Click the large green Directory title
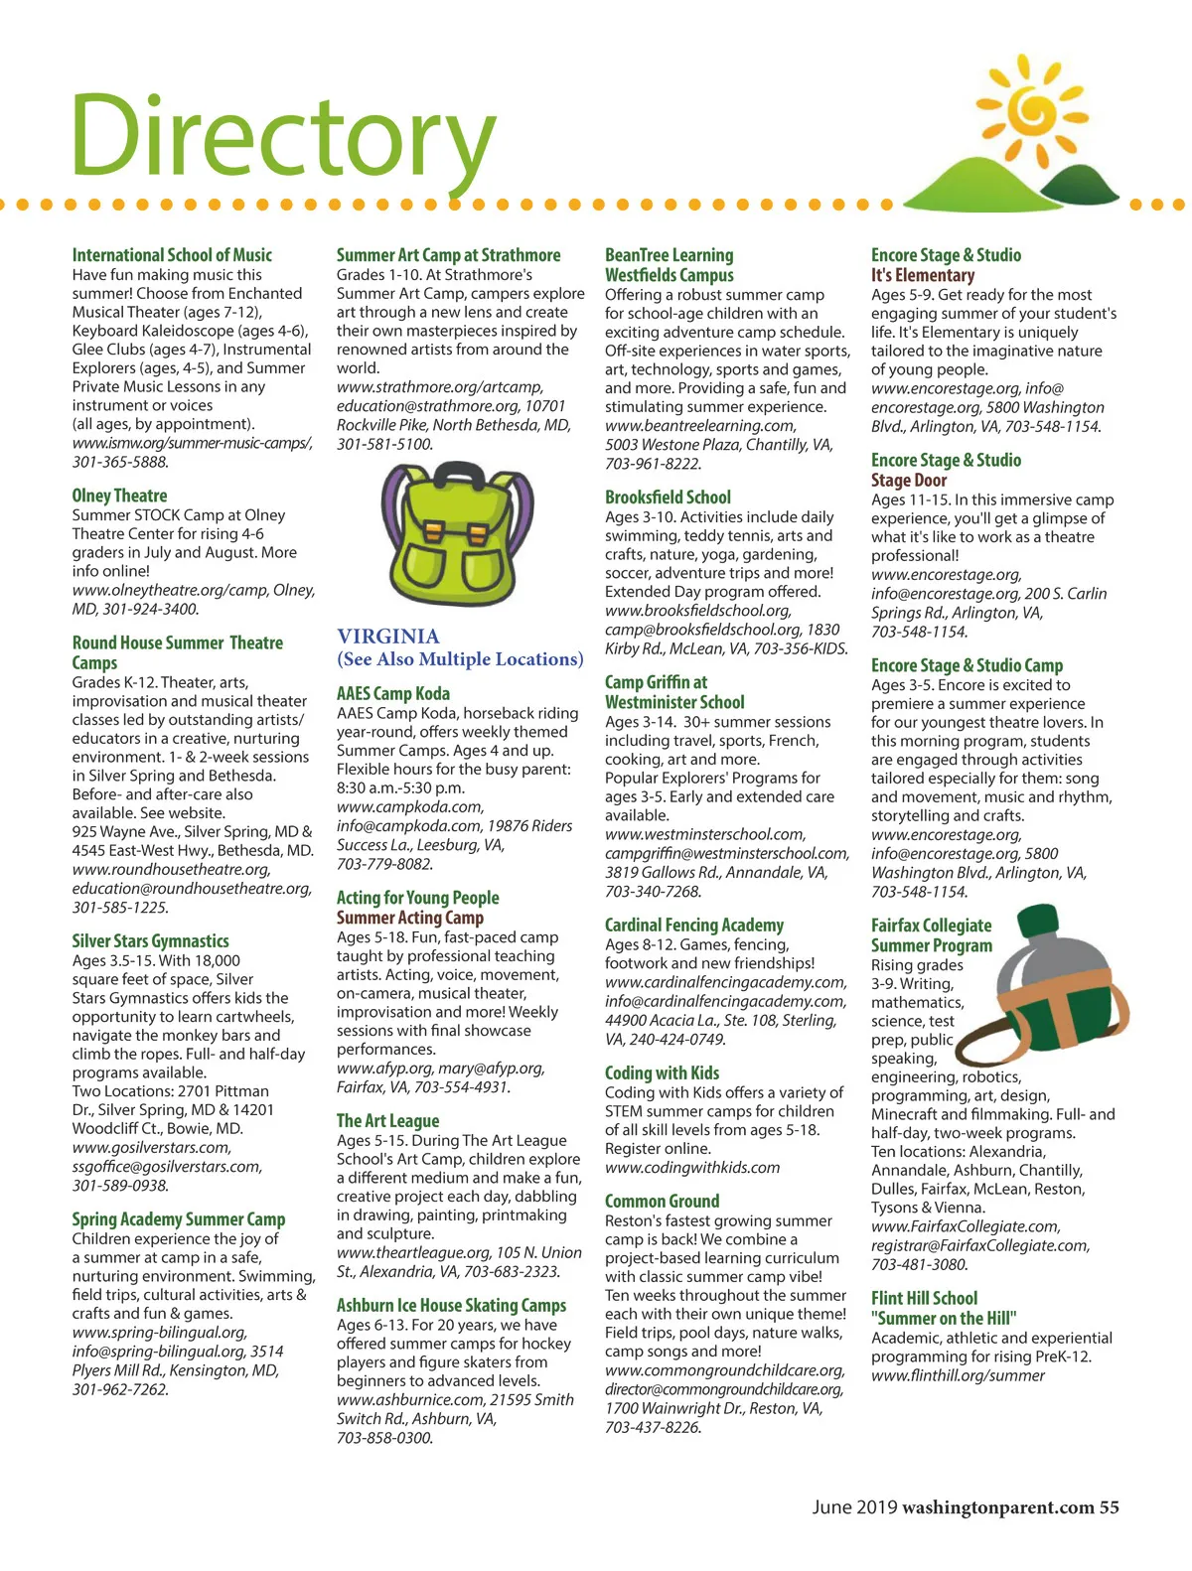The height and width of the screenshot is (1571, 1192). (283, 137)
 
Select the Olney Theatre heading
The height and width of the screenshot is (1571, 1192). (119, 496)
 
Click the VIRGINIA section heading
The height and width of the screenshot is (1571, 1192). (387, 637)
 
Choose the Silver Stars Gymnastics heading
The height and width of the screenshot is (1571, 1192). (150, 940)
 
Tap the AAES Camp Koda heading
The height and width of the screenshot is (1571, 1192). (392, 693)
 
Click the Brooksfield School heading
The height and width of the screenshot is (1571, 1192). (668, 498)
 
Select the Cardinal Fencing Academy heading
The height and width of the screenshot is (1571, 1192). (693, 926)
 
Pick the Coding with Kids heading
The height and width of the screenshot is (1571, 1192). (662, 1072)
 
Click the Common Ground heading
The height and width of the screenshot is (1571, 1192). (662, 1201)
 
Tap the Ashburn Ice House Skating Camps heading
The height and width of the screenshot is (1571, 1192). (451, 1305)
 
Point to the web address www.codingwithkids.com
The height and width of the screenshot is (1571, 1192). (692, 1168)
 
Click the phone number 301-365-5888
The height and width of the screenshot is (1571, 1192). (120, 462)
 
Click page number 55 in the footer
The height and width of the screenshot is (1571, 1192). (1109, 1507)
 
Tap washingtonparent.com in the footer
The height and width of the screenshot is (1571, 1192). (997, 1507)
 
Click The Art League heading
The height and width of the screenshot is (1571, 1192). (387, 1120)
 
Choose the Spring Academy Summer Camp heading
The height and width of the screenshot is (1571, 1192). (178, 1218)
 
